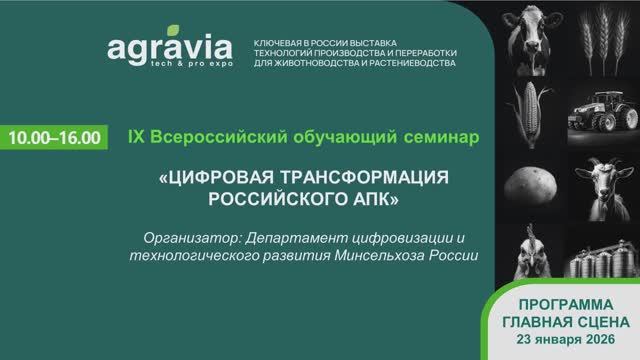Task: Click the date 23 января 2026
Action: click(566, 338)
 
